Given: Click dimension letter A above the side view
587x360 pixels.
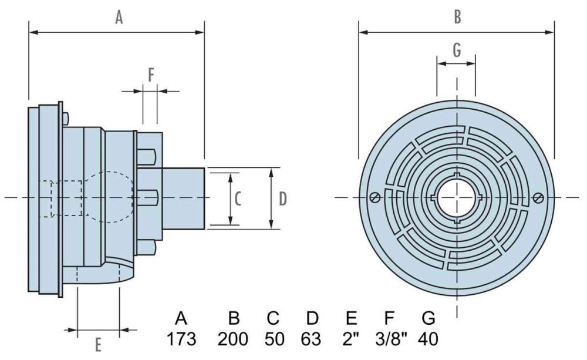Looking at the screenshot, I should [119, 18].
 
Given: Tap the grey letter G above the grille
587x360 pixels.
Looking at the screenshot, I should [457, 51].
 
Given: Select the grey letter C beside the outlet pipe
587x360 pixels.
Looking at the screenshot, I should [238, 198].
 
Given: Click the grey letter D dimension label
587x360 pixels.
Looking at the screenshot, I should [282, 199].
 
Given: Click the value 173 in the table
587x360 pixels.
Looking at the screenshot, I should [181, 339].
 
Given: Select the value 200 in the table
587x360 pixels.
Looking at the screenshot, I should [233, 339].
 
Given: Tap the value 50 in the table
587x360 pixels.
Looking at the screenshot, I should [272, 339].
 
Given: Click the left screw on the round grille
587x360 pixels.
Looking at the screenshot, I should [374, 198].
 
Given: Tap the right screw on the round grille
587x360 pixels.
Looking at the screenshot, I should [539, 198].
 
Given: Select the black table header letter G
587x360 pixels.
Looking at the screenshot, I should [429, 319].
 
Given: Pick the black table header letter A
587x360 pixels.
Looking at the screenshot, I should [181, 319].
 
